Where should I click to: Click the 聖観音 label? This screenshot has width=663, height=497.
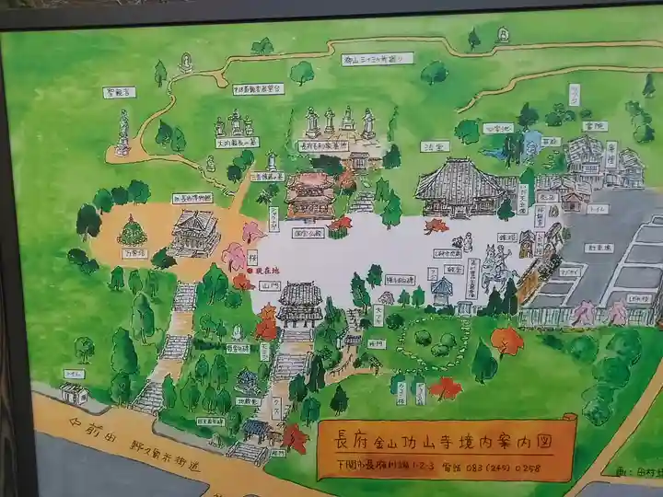120,93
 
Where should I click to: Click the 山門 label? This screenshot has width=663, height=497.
246,288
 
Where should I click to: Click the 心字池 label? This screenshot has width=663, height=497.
497,129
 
